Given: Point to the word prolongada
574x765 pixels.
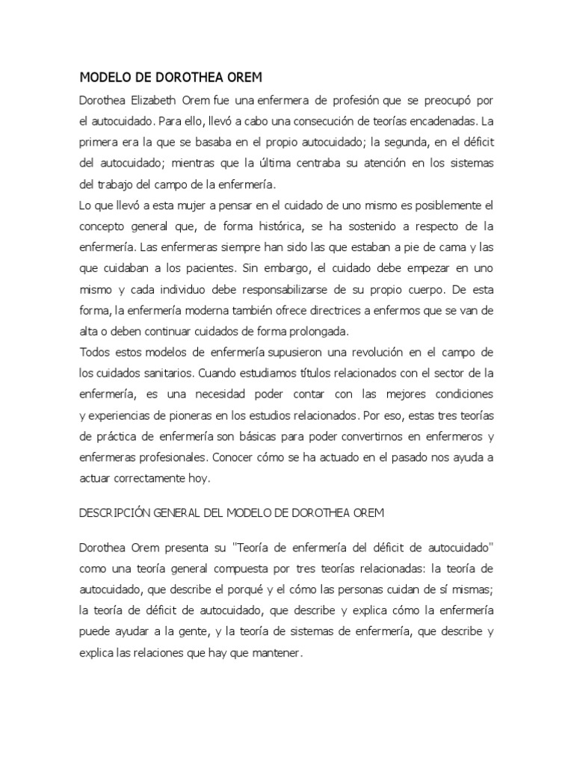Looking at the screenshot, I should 325,330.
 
